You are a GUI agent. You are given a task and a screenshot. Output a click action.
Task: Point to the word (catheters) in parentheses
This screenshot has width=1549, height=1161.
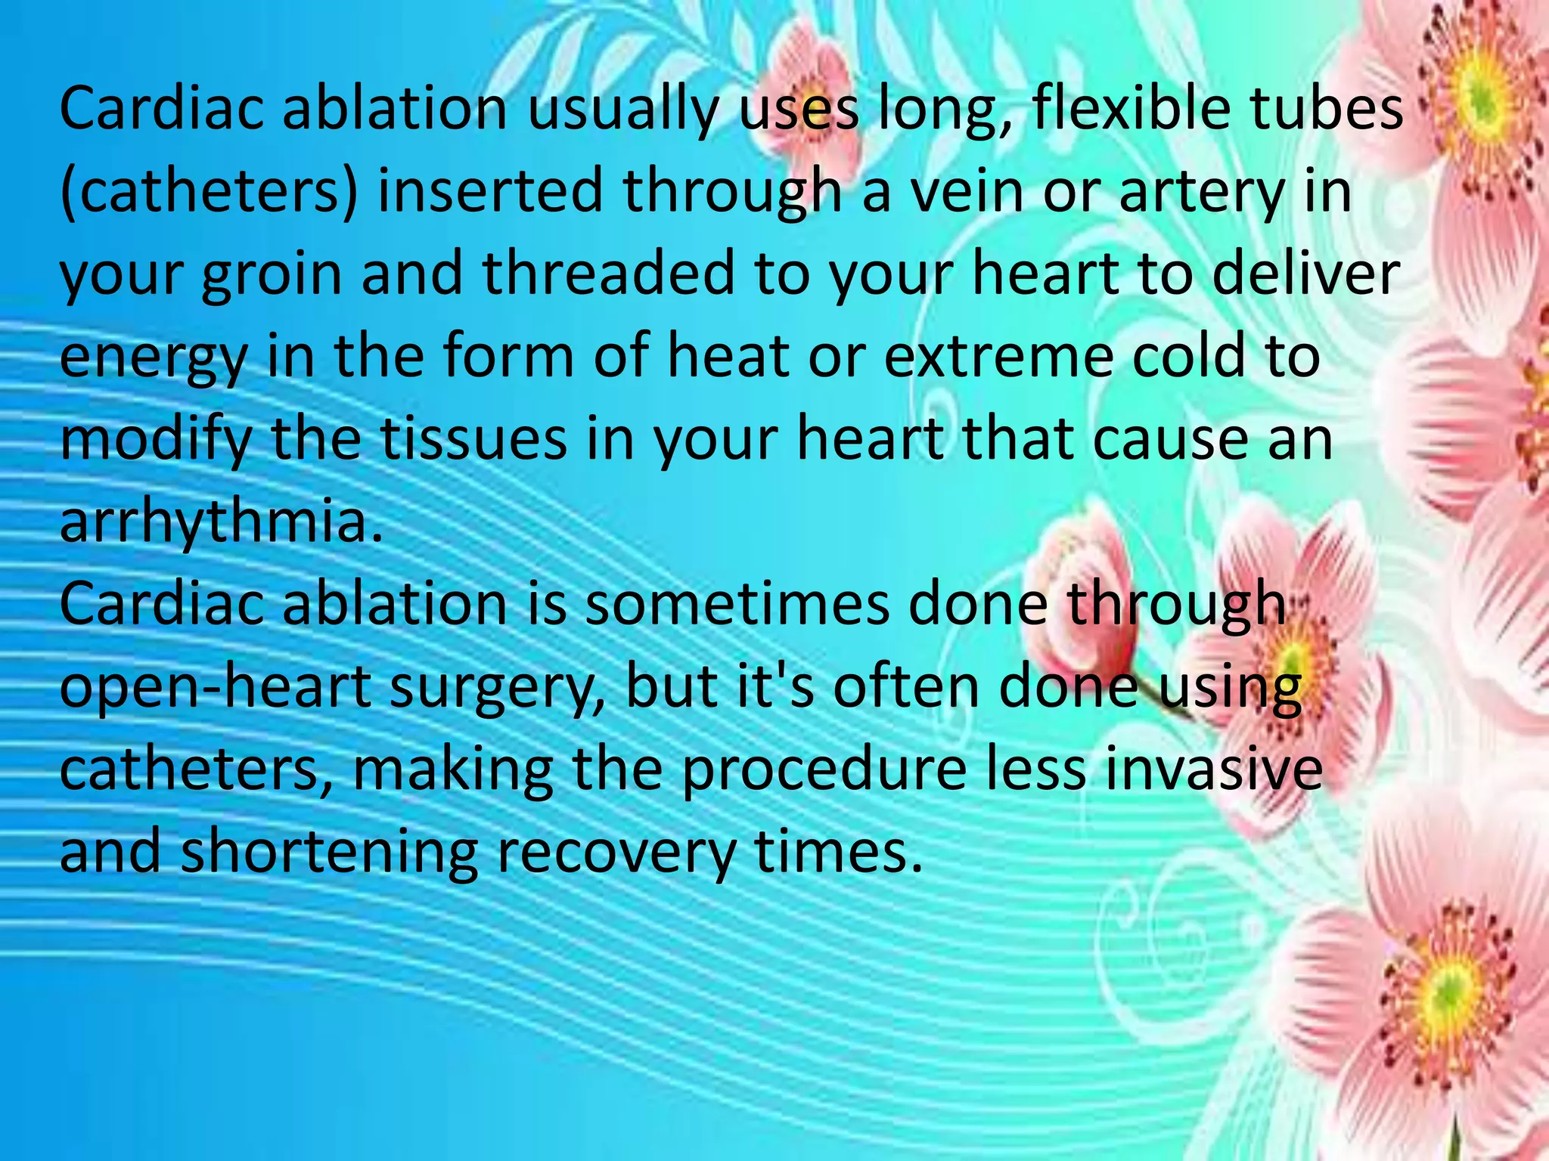click(x=208, y=192)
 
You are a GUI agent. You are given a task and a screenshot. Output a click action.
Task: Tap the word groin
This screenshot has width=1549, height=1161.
click(x=272, y=275)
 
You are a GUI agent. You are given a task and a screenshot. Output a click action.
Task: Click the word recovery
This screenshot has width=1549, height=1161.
click(x=616, y=853)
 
